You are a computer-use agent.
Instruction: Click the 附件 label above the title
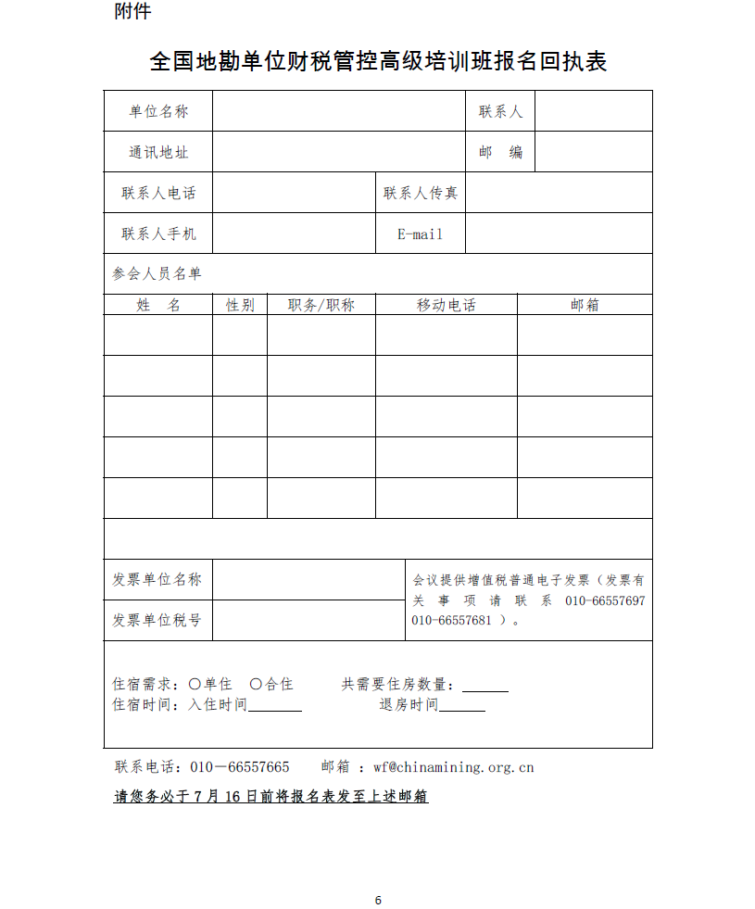tap(132, 12)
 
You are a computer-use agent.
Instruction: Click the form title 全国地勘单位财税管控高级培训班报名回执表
tap(378, 62)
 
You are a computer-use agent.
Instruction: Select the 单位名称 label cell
tap(158, 111)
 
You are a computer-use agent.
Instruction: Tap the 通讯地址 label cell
tap(158, 152)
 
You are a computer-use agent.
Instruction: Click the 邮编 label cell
tap(500, 152)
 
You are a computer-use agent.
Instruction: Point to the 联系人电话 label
tap(158, 193)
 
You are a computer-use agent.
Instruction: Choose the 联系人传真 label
tap(421, 193)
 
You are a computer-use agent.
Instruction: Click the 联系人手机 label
tap(158, 234)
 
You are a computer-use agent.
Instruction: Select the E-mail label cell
tap(421, 234)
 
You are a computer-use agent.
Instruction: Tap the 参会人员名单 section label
tap(157, 274)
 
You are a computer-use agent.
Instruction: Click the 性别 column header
tap(240, 305)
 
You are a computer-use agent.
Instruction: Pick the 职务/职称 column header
tap(321, 305)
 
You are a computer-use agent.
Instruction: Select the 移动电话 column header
tap(447, 305)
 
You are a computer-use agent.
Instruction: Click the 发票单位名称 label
tap(157, 579)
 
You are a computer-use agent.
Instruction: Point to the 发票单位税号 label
tap(157, 620)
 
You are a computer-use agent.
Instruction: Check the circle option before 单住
tap(195, 684)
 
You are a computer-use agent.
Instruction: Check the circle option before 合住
tap(256, 684)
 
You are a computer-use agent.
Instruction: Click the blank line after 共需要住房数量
tap(485, 687)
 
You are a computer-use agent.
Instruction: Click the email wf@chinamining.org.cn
tap(454, 767)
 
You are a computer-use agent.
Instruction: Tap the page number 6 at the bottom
tap(378, 900)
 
